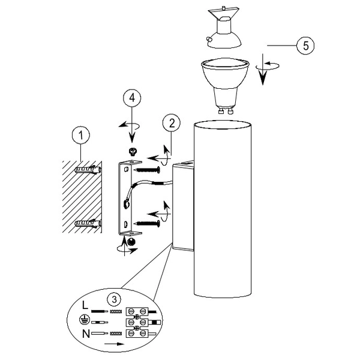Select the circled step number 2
(x=172, y=124)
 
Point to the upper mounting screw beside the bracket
(x=149, y=170)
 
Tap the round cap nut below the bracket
(x=131, y=241)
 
